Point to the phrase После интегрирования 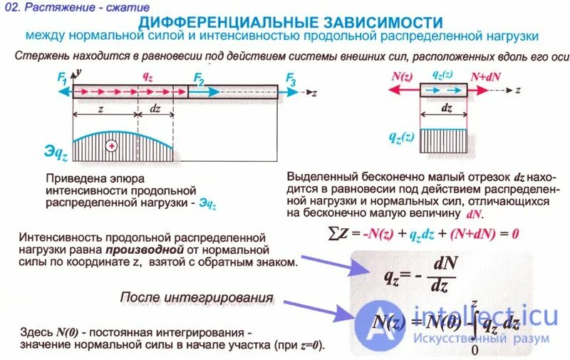197,297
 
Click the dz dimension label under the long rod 155,109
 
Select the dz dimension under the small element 447,109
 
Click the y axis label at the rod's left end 80,73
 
